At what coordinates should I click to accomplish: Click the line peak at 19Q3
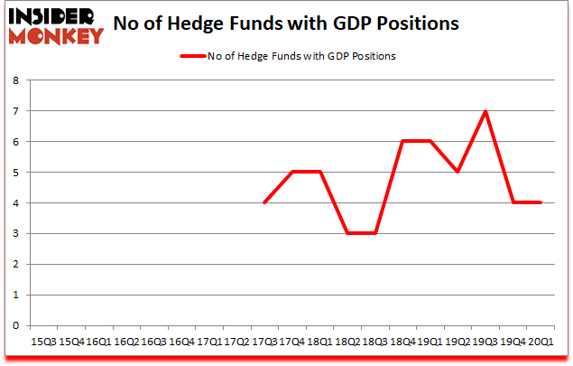tap(485, 111)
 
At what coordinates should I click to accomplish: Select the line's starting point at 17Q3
tap(263, 202)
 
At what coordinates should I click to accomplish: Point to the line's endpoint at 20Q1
tap(541, 202)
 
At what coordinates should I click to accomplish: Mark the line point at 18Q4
tap(402, 142)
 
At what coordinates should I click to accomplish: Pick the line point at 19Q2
tap(457, 172)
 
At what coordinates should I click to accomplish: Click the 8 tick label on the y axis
tap(17, 80)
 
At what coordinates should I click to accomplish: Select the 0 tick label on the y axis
tap(17, 325)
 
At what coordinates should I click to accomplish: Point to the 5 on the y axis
tap(17, 172)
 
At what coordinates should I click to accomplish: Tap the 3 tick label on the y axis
tap(17, 233)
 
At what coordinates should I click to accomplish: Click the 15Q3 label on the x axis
tap(42, 342)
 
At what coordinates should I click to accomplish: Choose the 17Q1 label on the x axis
tap(208, 342)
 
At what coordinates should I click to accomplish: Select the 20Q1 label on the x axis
tap(541, 342)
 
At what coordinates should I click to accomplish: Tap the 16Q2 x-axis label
tap(125, 342)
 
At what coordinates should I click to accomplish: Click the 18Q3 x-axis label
tap(374, 342)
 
